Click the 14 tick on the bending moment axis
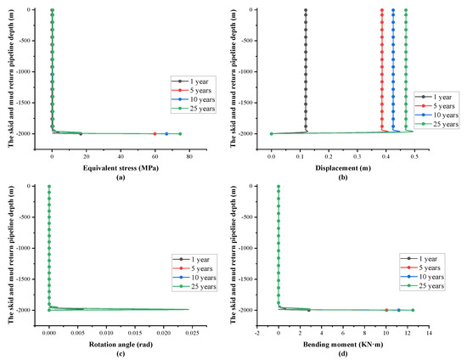pyautogui.click(x=429, y=322)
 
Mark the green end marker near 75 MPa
pyautogui.click(x=179, y=134)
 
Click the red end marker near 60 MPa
pyautogui.click(x=155, y=134)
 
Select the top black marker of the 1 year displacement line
pyautogui.click(x=306, y=10)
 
